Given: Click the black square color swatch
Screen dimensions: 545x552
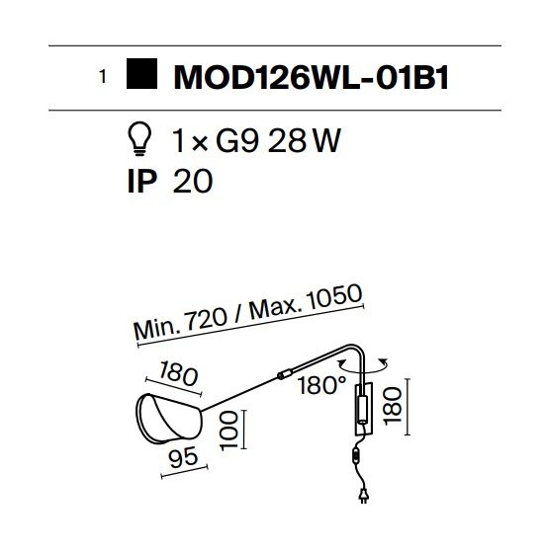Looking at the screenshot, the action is click(x=141, y=73).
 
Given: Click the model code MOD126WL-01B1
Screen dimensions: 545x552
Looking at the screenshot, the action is click(x=312, y=78).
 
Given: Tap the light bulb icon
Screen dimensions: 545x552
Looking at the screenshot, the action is click(x=140, y=138).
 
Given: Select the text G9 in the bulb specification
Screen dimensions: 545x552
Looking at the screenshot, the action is click(x=237, y=140).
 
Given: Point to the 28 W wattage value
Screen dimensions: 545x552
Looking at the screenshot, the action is click(x=305, y=140).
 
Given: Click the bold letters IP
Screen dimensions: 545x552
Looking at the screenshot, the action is click(x=142, y=181).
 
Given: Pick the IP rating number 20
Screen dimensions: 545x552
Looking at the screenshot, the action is click(x=193, y=181).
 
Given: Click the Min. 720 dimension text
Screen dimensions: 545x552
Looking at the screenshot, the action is click(x=181, y=324).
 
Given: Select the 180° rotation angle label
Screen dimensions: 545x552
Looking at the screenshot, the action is click(x=322, y=385).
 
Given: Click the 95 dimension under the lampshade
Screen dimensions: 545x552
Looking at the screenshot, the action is click(x=183, y=457).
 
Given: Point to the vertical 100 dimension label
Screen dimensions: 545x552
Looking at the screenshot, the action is click(x=228, y=431).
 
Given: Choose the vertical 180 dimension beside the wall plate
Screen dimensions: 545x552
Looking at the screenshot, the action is click(x=393, y=406).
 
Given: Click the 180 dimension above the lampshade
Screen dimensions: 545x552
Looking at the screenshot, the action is click(x=178, y=374).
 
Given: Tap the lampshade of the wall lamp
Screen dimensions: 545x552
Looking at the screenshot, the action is click(x=169, y=420).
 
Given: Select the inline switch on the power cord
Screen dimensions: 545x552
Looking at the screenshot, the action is click(x=356, y=456).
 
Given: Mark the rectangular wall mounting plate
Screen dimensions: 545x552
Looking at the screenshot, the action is click(x=363, y=409).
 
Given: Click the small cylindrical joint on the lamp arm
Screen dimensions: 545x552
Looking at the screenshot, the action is click(x=285, y=373).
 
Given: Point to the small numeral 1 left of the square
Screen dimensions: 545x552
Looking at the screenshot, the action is click(x=103, y=77).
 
